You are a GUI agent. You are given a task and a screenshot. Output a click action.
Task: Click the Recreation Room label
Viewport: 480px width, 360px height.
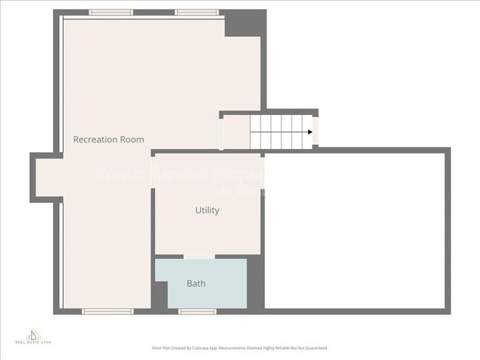click(x=109, y=139)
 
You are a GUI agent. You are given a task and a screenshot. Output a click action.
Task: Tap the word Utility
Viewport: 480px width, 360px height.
click(x=207, y=210)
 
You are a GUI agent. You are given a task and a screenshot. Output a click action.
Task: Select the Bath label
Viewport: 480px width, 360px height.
click(x=196, y=283)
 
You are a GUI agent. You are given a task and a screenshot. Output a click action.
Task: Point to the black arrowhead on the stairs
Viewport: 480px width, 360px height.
click(x=310, y=133)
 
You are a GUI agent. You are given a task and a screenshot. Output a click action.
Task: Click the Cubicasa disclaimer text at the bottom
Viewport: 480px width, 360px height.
click(x=240, y=347)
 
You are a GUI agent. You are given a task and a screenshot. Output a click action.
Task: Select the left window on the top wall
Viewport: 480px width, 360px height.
click(x=111, y=12)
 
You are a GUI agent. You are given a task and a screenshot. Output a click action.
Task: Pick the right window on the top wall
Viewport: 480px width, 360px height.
click(x=196, y=12)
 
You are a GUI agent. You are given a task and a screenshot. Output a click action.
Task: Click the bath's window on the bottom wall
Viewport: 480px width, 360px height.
click(x=197, y=311)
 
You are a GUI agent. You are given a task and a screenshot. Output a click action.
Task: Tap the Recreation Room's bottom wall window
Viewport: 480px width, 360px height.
click(x=107, y=311)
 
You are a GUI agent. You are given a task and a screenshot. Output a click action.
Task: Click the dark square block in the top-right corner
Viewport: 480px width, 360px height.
click(x=244, y=22)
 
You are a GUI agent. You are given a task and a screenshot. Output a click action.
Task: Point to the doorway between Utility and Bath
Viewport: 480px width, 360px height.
click(x=198, y=257)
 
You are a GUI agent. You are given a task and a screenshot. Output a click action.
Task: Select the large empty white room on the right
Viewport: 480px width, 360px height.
click(x=354, y=229)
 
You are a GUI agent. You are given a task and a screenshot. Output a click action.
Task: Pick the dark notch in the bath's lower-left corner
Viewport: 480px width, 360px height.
click(x=160, y=297)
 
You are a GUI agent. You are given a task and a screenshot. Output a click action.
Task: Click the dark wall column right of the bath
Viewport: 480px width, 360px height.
click(x=256, y=284)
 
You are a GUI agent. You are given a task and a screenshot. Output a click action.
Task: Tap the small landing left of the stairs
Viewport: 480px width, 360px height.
click(x=235, y=133)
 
